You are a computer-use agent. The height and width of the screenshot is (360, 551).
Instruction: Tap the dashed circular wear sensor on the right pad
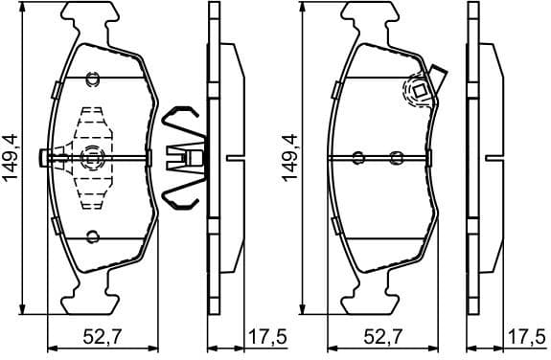419,91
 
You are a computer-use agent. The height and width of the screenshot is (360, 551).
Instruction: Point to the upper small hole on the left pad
92,79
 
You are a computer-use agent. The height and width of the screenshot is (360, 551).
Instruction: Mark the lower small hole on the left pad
92,237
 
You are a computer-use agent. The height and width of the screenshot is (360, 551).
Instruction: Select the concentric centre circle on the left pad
92,158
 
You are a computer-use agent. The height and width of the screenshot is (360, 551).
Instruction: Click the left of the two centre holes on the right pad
358,158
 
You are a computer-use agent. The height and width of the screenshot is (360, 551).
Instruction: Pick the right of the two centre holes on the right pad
398,158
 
